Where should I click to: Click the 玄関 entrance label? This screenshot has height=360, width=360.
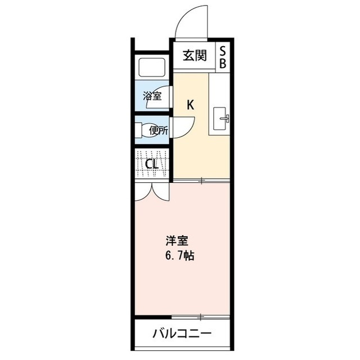point(195,56)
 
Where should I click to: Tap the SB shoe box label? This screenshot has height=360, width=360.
point(223,57)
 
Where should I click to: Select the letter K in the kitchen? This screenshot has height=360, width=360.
point(191,104)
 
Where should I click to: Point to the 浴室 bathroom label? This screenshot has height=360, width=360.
point(152,96)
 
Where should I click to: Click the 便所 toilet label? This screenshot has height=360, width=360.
point(158,130)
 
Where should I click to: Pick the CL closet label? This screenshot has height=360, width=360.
point(151,165)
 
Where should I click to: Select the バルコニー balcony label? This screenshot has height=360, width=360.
point(182,334)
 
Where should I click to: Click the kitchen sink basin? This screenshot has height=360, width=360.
point(220,118)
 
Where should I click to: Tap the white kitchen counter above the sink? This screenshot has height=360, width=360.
point(219,87)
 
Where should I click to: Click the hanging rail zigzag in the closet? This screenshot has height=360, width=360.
point(152,155)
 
